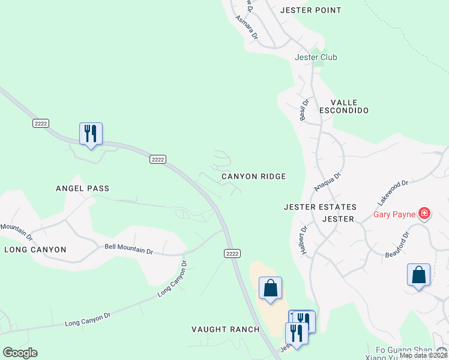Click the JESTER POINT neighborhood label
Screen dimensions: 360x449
(311, 10)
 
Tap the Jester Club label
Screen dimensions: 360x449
(316, 57)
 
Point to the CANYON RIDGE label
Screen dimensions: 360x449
(253, 176)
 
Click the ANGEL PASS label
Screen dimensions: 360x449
(82, 188)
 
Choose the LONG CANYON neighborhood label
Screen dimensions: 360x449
(35, 249)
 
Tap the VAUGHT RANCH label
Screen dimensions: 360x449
(225, 329)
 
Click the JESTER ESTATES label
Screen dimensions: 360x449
(320, 207)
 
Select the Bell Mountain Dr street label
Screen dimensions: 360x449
(129, 248)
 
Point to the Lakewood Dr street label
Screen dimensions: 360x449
(393, 191)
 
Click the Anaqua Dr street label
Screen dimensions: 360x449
(327, 183)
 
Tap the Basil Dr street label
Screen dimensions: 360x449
(304, 110)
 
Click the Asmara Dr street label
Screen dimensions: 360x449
(246, 28)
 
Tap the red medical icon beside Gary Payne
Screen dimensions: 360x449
(424, 213)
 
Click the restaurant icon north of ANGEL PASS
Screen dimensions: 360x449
(91, 133)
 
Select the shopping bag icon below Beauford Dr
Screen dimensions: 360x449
(418, 275)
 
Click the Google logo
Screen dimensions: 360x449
(20, 353)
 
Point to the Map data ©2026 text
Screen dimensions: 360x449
(423, 355)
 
